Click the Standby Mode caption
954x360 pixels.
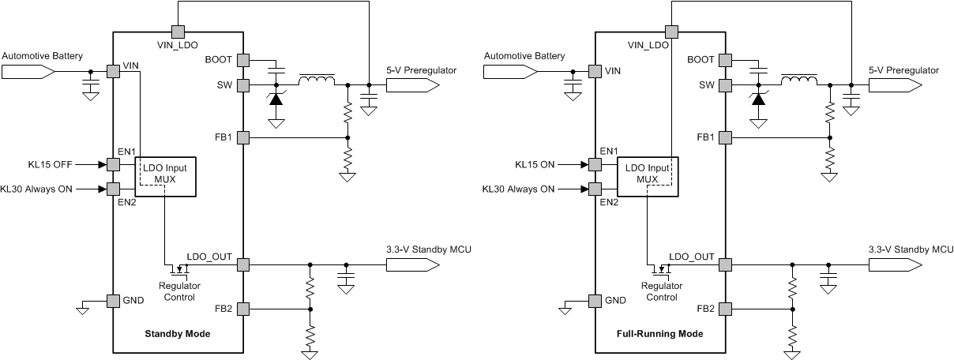[x=178, y=334]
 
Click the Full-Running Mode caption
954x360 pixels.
[x=659, y=334]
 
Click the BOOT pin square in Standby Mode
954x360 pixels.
[x=242, y=60]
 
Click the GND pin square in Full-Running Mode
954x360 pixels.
[x=594, y=300]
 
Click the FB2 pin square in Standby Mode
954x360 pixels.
[x=242, y=308]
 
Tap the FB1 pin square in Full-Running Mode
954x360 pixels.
[x=725, y=137]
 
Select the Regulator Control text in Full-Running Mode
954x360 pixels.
[x=661, y=291]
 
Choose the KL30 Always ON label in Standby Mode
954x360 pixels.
[x=49, y=189]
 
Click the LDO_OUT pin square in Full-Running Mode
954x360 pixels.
[x=725, y=264]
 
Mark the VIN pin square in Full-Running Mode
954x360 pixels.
[x=594, y=71]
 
